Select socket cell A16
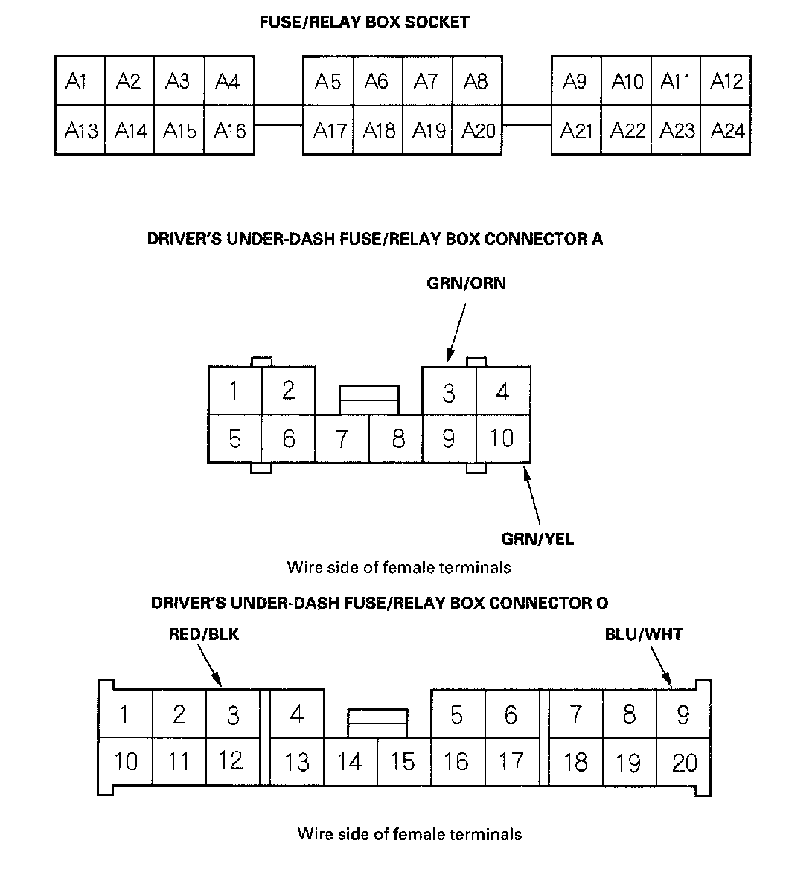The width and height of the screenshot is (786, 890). tap(229, 131)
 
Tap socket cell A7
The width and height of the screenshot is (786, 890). tap(426, 80)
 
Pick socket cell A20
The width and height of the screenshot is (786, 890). tap(478, 131)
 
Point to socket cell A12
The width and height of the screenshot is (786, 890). tap(726, 80)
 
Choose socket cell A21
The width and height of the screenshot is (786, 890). tap(576, 131)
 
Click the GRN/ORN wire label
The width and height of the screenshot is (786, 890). tap(466, 284)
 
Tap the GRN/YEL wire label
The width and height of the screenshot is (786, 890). tap(537, 538)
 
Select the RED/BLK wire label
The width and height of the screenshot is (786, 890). tap(204, 635)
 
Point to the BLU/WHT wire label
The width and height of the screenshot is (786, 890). tap(643, 635)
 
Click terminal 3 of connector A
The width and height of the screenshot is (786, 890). tap(448, 392)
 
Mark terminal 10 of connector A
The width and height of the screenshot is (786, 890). tap(502, 438)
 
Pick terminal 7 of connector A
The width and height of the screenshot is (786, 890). tap(342, 439)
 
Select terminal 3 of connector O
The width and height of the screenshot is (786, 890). tap(233, 715)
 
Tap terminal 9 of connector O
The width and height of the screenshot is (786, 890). tap(683, 715)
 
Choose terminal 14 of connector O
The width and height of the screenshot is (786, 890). tap(349, 762)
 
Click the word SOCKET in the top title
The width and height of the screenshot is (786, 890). tap(437, 22)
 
